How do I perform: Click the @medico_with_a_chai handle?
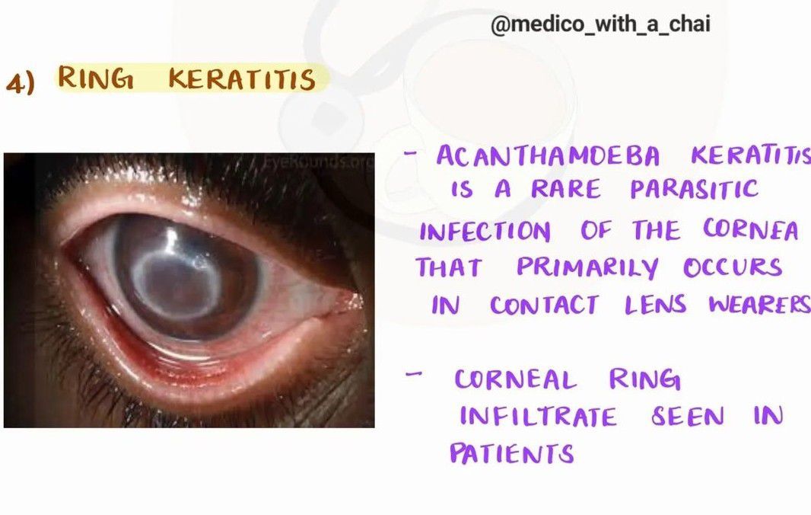tap(600, 24)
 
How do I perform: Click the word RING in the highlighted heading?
tap(95, 78)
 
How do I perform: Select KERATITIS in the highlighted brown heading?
tap(241, 79)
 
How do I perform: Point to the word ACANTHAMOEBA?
tap(548, 156)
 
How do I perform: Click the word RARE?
tap(566, 189)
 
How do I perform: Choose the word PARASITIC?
tap(694, 189)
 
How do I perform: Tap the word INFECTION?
tap(485, 231)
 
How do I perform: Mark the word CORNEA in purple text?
tap(750, 229)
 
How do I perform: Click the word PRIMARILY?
tap(587, 268)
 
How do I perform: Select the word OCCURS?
tap(733, 267)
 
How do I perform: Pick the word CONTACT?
tap(545, 305)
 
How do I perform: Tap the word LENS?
tap(655, 304)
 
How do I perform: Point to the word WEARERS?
tap(759, 304)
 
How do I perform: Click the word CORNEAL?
tap(515, 379)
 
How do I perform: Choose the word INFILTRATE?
tap(539, 417)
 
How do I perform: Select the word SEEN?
tap(688, 415)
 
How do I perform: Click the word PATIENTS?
tap(512, 453)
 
